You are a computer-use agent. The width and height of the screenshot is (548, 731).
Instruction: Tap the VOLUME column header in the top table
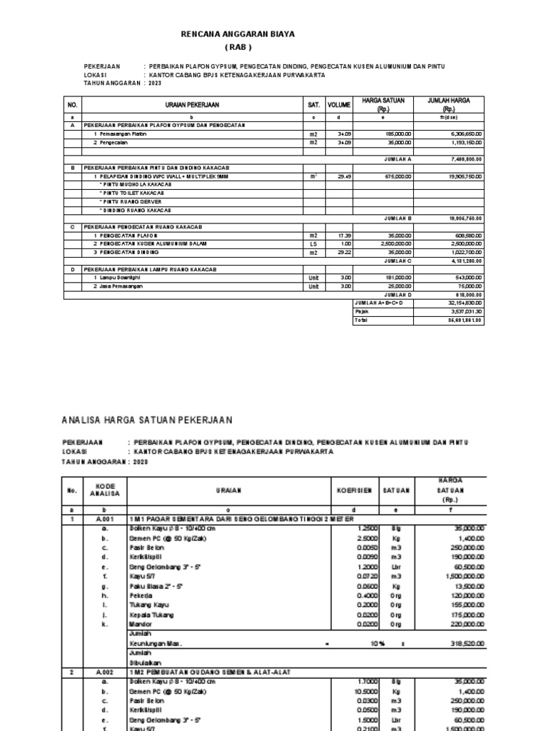tap(339, 105)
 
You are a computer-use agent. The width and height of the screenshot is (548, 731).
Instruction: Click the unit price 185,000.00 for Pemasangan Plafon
tap(397, 133)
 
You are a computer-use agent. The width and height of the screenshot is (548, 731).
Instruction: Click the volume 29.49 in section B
tap(344, 175)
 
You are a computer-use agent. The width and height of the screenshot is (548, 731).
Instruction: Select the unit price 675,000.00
tap(397, 175)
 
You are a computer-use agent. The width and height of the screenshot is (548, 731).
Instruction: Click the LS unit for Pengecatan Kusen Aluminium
tap(313, 243)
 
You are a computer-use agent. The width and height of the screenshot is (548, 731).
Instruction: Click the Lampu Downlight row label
tap(122, 277)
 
